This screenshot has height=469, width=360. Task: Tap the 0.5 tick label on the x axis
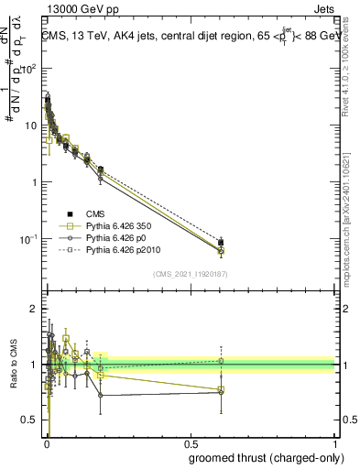[x=191, y=442]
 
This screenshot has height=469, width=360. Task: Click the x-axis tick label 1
[x=335, y=442]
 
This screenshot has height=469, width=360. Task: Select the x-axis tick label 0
[x=46, y=442]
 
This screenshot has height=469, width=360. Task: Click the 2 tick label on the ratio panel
[x=35, y=310]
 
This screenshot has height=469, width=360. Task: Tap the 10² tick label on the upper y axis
[x=30, y=69]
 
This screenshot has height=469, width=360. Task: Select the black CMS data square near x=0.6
[x=221, y=243]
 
